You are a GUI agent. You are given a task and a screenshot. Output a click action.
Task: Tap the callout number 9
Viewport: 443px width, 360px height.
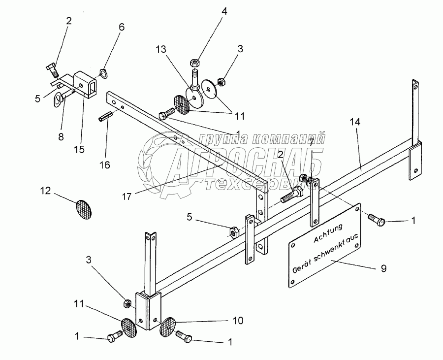(383, 268)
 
